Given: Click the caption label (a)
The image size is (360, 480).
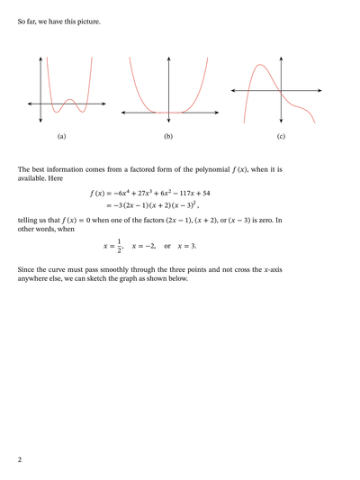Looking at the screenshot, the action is (x=61, y=136).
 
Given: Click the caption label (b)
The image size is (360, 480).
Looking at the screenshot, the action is (x=168, y=136).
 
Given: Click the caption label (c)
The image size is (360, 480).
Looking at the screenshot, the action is (x=281, y=136).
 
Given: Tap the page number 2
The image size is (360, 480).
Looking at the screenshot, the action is (x=20, y=460).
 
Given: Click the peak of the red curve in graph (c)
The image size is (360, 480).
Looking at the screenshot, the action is (x=259, y=65).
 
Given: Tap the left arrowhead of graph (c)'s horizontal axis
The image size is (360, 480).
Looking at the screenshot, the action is (x=232, y=91).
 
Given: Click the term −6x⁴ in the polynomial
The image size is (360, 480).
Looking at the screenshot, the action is (x=128, y=194).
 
